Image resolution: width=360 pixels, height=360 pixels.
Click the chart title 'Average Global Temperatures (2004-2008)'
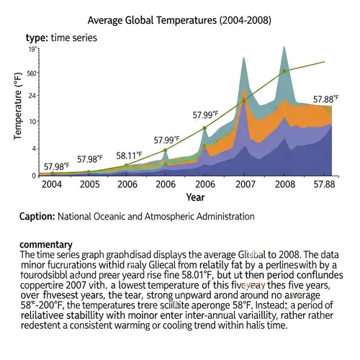pyautogui.click(x=179, y=22)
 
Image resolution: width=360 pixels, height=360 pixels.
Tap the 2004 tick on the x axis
pyautogui.click(x=51, y=184)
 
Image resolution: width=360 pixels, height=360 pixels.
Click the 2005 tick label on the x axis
pyautogui.click(x=89, y=184)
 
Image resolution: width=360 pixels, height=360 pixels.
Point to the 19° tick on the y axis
pyautogui.click(x=32, y=50)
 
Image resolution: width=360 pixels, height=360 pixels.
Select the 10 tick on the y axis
pyautogui.click(x=33, y=120)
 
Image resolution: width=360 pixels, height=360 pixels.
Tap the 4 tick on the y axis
pyautogui.click(x=34, y=148)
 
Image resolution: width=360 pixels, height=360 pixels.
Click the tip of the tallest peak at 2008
pyautogui.click(x=284, y=48)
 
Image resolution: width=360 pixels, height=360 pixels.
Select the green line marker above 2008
pyautogui.click(x=284, y=71)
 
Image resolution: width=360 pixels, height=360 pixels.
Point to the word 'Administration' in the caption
pyautogui.click(x=219, y=216)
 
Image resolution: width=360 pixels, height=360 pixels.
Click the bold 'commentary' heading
pyautogui.click(x=46, y=245)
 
